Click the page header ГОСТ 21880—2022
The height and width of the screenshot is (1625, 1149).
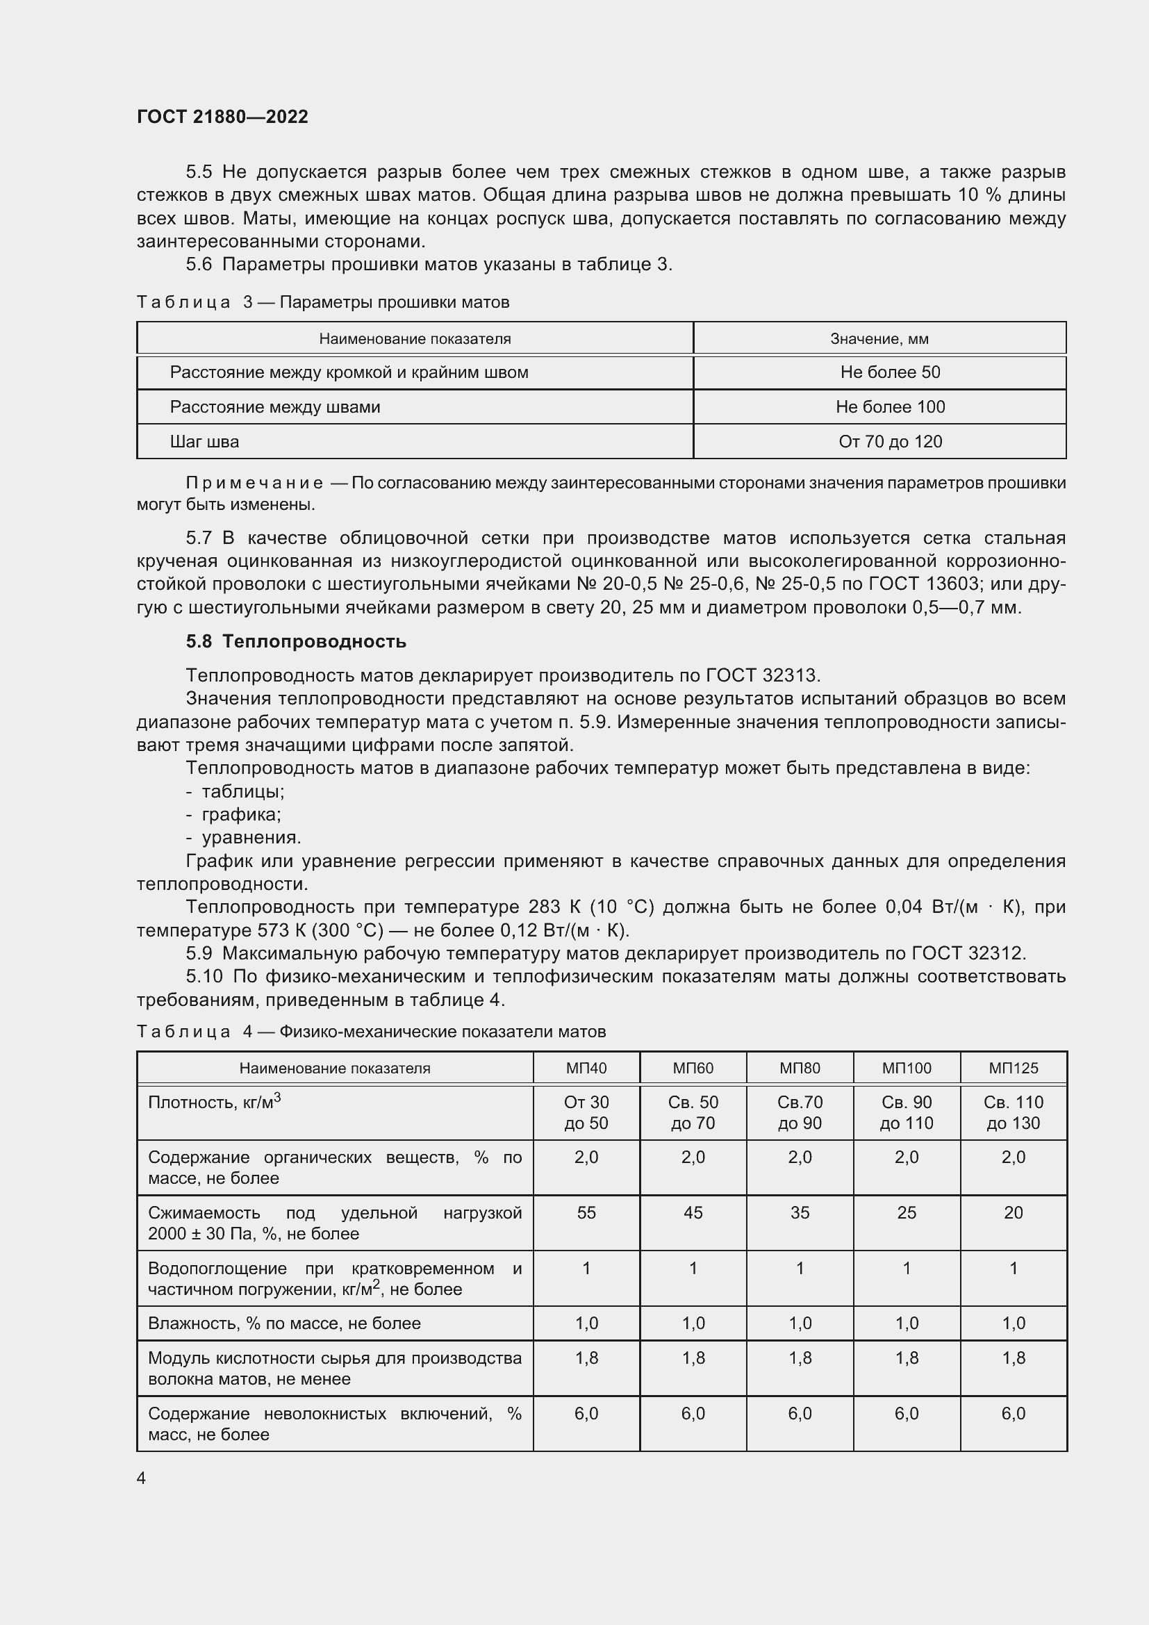coord(222,117)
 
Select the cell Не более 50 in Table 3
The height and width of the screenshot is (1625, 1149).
coord(889,372)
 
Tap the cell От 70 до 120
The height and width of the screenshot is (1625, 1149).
coord(889,442)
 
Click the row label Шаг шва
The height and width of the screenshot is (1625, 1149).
coord(204,442)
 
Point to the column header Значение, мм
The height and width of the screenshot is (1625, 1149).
coord(879,339)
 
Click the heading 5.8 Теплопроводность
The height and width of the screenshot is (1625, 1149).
coord(296,641)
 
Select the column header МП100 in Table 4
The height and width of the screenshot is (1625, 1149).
coord(907,1068)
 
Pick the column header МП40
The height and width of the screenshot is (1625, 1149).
coord(586,1068)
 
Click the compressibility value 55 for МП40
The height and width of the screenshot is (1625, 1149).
coord(586,1212)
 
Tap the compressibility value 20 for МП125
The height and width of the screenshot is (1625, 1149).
coord(1013,1212)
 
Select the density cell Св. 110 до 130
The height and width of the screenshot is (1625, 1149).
coord(1013,1112)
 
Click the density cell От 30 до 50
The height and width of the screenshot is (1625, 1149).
coord(586,1112)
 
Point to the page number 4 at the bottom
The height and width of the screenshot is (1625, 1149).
coord(141,1478)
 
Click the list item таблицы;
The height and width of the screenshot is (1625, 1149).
coord(242,791)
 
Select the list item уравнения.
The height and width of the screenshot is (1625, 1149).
coord(251,838)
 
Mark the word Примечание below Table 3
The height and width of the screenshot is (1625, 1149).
coord(254,484)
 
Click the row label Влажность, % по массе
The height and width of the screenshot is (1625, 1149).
coord(283,1323)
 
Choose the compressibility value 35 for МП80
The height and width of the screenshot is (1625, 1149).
coord(800,1212)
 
